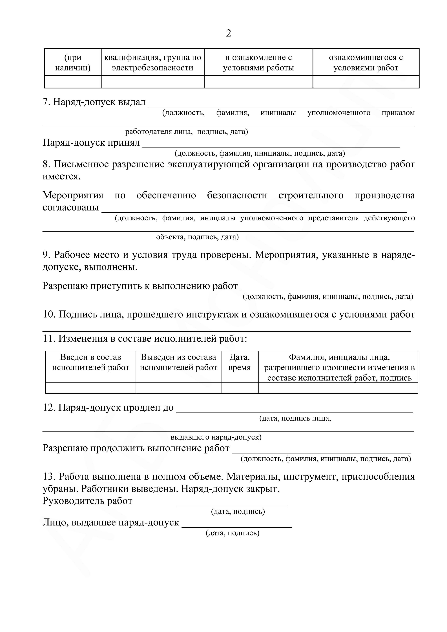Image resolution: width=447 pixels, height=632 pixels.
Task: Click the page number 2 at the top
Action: click(228, 33)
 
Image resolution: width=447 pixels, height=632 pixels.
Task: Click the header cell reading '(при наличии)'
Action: click(73, 63)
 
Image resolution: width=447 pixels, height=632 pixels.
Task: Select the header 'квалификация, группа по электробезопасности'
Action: click(152, 63)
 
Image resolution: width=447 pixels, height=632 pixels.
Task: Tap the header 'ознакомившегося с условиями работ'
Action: click(366, 63)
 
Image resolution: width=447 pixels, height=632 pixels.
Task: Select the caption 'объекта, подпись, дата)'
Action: click(197, 237)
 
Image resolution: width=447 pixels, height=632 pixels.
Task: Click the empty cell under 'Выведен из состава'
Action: click(178, 388)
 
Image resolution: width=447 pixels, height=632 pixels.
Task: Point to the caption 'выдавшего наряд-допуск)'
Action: click(216, 437)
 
